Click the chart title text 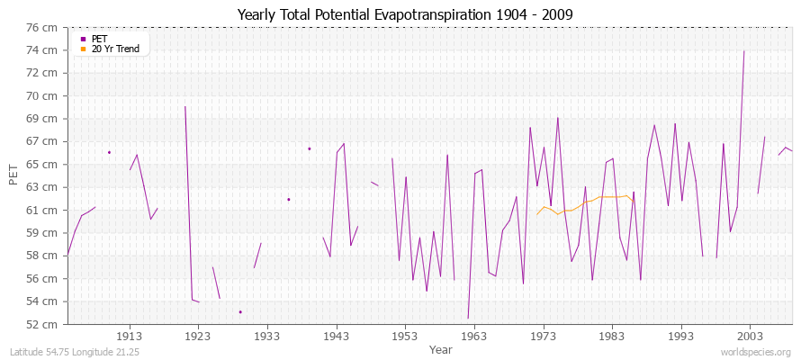click(405, 15)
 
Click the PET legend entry click(99, 39)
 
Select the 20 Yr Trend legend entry click(115, 49)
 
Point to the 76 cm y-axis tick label click(42, 27)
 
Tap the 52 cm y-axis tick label click(42, 324)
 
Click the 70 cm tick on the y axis click(42, 95)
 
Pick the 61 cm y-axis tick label click(42, 210)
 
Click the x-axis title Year click(440, 349)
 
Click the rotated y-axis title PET click(13, 175)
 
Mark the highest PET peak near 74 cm click(743, 51)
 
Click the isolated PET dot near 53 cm click(240, 311)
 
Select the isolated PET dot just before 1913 click(109, 152)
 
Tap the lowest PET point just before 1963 click(468, 318)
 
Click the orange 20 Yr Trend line click(585, 203)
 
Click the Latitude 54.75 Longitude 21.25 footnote click(73, 352)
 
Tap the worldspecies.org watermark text click(756, 352)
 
